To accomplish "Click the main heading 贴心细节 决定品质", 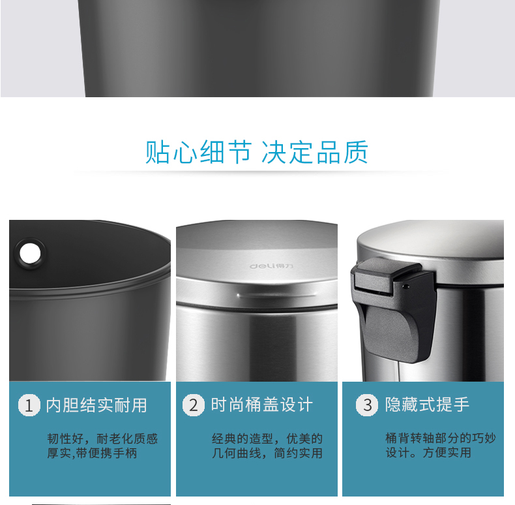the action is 256,152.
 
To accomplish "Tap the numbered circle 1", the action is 29,405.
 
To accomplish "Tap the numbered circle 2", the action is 194,405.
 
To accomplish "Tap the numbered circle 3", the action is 367,405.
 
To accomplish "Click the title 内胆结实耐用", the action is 96,405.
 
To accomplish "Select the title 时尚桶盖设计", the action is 262,405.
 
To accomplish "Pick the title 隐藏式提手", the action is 427,405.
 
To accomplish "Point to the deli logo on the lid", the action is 271,266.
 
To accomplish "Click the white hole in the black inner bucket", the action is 30,254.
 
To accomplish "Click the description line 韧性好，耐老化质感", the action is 102,438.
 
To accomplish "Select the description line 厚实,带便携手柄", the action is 92,453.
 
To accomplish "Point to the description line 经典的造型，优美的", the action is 267,438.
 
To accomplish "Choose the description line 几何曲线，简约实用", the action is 267,453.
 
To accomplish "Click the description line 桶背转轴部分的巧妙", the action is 441,438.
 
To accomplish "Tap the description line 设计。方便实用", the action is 428,452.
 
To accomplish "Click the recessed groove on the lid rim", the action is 277,295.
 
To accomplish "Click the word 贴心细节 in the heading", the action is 198,152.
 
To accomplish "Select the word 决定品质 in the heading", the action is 315,152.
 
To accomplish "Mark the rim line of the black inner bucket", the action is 90,288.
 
